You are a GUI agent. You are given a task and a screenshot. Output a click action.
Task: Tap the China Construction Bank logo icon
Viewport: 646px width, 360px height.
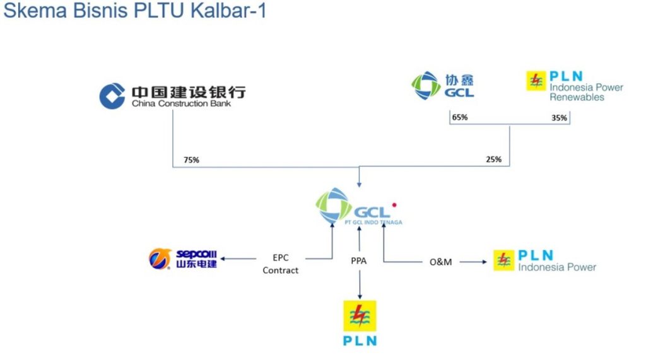pos(113,95)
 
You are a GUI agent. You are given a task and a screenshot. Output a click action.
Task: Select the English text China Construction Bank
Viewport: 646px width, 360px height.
pos(181,103)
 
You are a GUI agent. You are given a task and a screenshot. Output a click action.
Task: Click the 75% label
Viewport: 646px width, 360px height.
pos(191,160)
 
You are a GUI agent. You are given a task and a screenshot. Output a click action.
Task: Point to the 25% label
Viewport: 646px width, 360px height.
pos(494,160)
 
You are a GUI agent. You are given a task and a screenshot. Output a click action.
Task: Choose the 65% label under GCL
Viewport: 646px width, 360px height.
pos(460,117)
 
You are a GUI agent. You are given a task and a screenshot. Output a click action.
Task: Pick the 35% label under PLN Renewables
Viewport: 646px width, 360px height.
pos(559,118)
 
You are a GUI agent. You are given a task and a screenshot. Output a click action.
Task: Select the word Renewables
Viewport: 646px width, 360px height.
pos(577,97)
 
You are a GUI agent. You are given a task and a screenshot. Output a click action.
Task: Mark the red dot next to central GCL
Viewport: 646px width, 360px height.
pos(394,205)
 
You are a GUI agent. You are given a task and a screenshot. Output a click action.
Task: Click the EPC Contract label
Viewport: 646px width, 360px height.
pos(281,264)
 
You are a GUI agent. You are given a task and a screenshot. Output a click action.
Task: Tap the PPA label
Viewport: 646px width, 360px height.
pos(359,259)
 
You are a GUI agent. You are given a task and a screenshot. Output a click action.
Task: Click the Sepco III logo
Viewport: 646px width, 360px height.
pos(183,258)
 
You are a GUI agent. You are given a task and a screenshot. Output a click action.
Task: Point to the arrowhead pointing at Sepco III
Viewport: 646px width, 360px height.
pos(222,259)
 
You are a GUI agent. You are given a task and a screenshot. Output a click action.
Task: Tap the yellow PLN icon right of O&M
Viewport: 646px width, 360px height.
pos(503,260)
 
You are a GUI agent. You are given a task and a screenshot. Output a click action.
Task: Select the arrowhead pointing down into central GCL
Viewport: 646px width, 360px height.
pos(359,185)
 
